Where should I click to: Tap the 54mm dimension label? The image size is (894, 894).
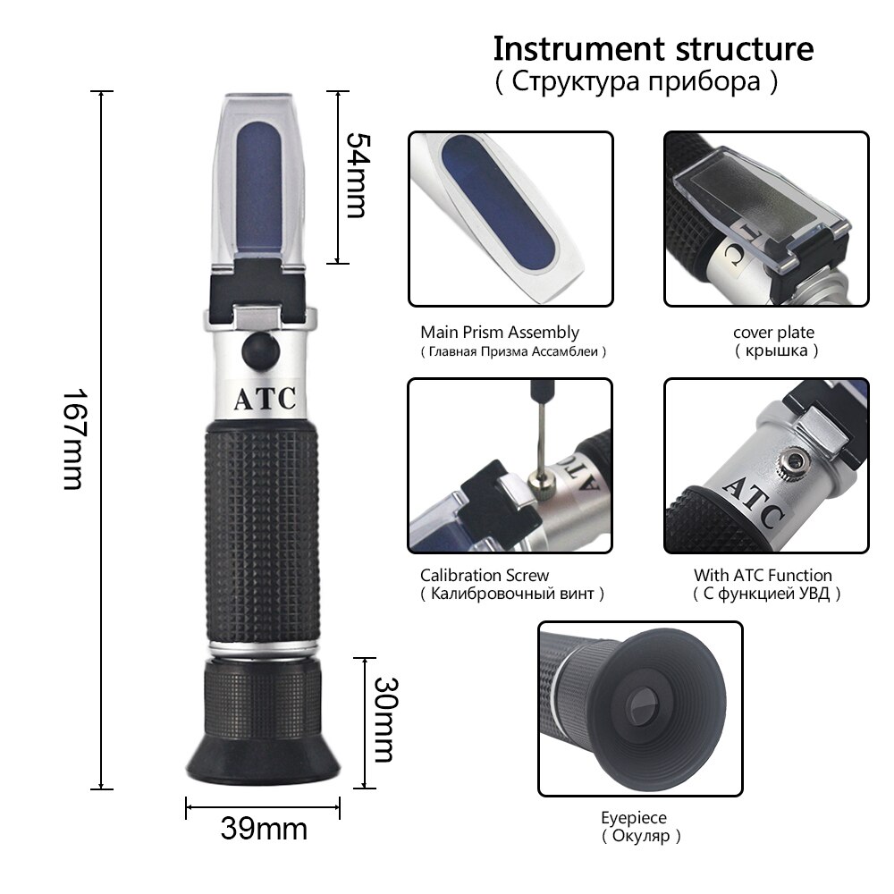click(355, 175)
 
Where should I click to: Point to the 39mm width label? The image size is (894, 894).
click(264, 829)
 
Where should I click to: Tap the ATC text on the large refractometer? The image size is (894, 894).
click(265, 399)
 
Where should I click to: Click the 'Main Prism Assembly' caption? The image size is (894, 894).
click(500, 333)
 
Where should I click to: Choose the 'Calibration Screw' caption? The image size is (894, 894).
click(485, 575)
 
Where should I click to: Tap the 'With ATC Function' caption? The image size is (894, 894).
click(763, 575)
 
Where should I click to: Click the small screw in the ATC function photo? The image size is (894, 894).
click(789, 462)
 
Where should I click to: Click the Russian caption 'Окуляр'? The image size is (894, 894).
click(640, 837)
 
